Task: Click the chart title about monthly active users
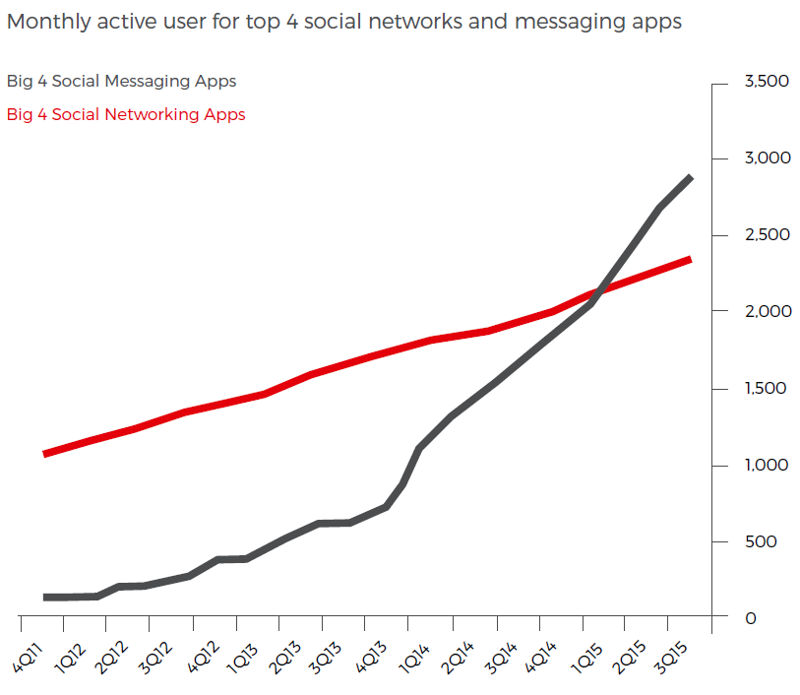click(x=343, y=22)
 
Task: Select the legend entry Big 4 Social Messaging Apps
click(x=121, y=82)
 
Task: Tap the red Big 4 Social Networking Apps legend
click(x=126, y=114)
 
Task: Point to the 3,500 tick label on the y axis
click(x=768, y=81)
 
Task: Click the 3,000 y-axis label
click(x=768, y=158)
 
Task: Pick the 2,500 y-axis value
click(x=768, y=235)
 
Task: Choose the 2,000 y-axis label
click(x=768, y=311)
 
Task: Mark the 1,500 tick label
click(x=768, y=389)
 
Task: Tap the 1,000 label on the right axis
click(x=768, y=465)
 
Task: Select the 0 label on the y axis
click(x=750, y=618)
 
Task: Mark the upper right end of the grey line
click(x=690, y=178)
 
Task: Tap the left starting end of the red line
click(x=46, y=453)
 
